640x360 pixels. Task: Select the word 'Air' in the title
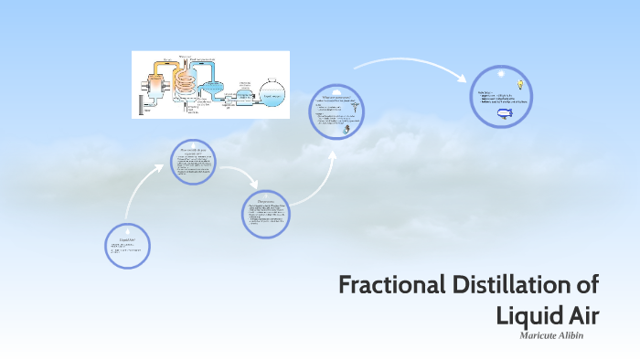pyautogui.click(x=581, y=315)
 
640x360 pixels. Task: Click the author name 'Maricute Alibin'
pyautogui.click(x=552, y=336)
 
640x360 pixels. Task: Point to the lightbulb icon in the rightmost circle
pyautogui.click(x=519, y=84)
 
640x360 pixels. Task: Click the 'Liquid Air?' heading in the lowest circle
pyautogui.click(x=127, y=240)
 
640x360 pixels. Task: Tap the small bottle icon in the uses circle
pyautogui.click(x=346, y=131)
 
